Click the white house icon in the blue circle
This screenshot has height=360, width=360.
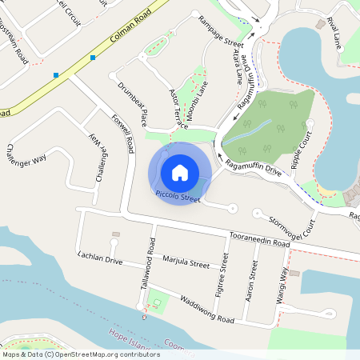(180, 172)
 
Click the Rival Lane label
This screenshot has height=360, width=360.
(333, 33)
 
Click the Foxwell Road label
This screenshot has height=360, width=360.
(125, 133)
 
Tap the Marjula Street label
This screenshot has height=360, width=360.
(185, 262)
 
